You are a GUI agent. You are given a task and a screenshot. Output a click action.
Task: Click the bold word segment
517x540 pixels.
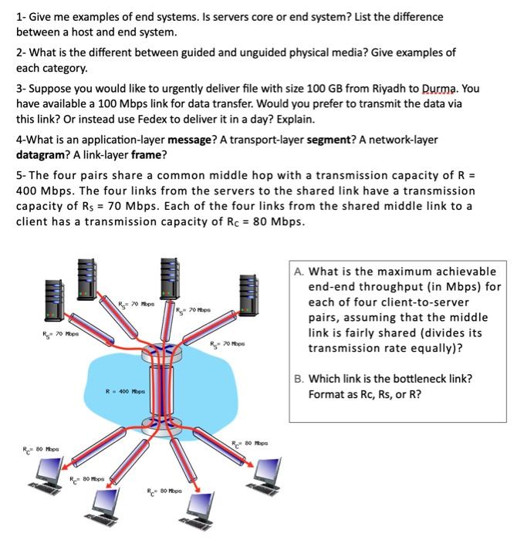tap(332, 140)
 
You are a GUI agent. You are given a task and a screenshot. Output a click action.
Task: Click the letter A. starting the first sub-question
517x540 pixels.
tap(299, 272)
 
